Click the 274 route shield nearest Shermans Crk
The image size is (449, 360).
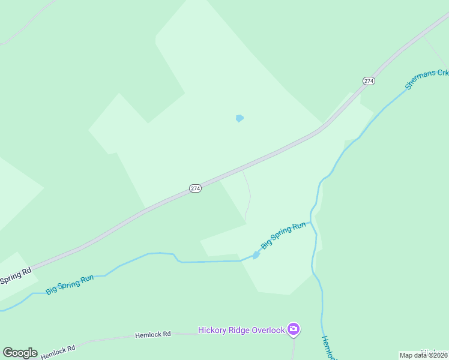tap(369, 80)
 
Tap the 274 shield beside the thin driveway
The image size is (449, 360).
tap(195, 188)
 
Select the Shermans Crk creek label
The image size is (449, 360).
tap(427, 80)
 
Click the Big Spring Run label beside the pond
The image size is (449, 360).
tap(283, 236)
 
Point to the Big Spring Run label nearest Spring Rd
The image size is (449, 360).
tap(70, 283)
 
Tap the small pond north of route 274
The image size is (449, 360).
tap(240, 118)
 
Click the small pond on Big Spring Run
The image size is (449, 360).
tap(256, 255)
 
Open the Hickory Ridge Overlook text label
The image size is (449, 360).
tap(242, 330)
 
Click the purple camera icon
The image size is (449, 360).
tap(294, 329)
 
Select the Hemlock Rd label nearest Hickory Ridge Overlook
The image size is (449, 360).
tap(152, 334)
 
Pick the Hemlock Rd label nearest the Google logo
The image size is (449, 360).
tap(58, 351)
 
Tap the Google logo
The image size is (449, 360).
tap(20, 353)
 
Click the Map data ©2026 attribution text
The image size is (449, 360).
tap(424, 355)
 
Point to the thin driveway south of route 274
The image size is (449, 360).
tap(249, 196)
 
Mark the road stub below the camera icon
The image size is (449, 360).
tap(294, 347)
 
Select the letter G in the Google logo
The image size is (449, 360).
tap(8, 353)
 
